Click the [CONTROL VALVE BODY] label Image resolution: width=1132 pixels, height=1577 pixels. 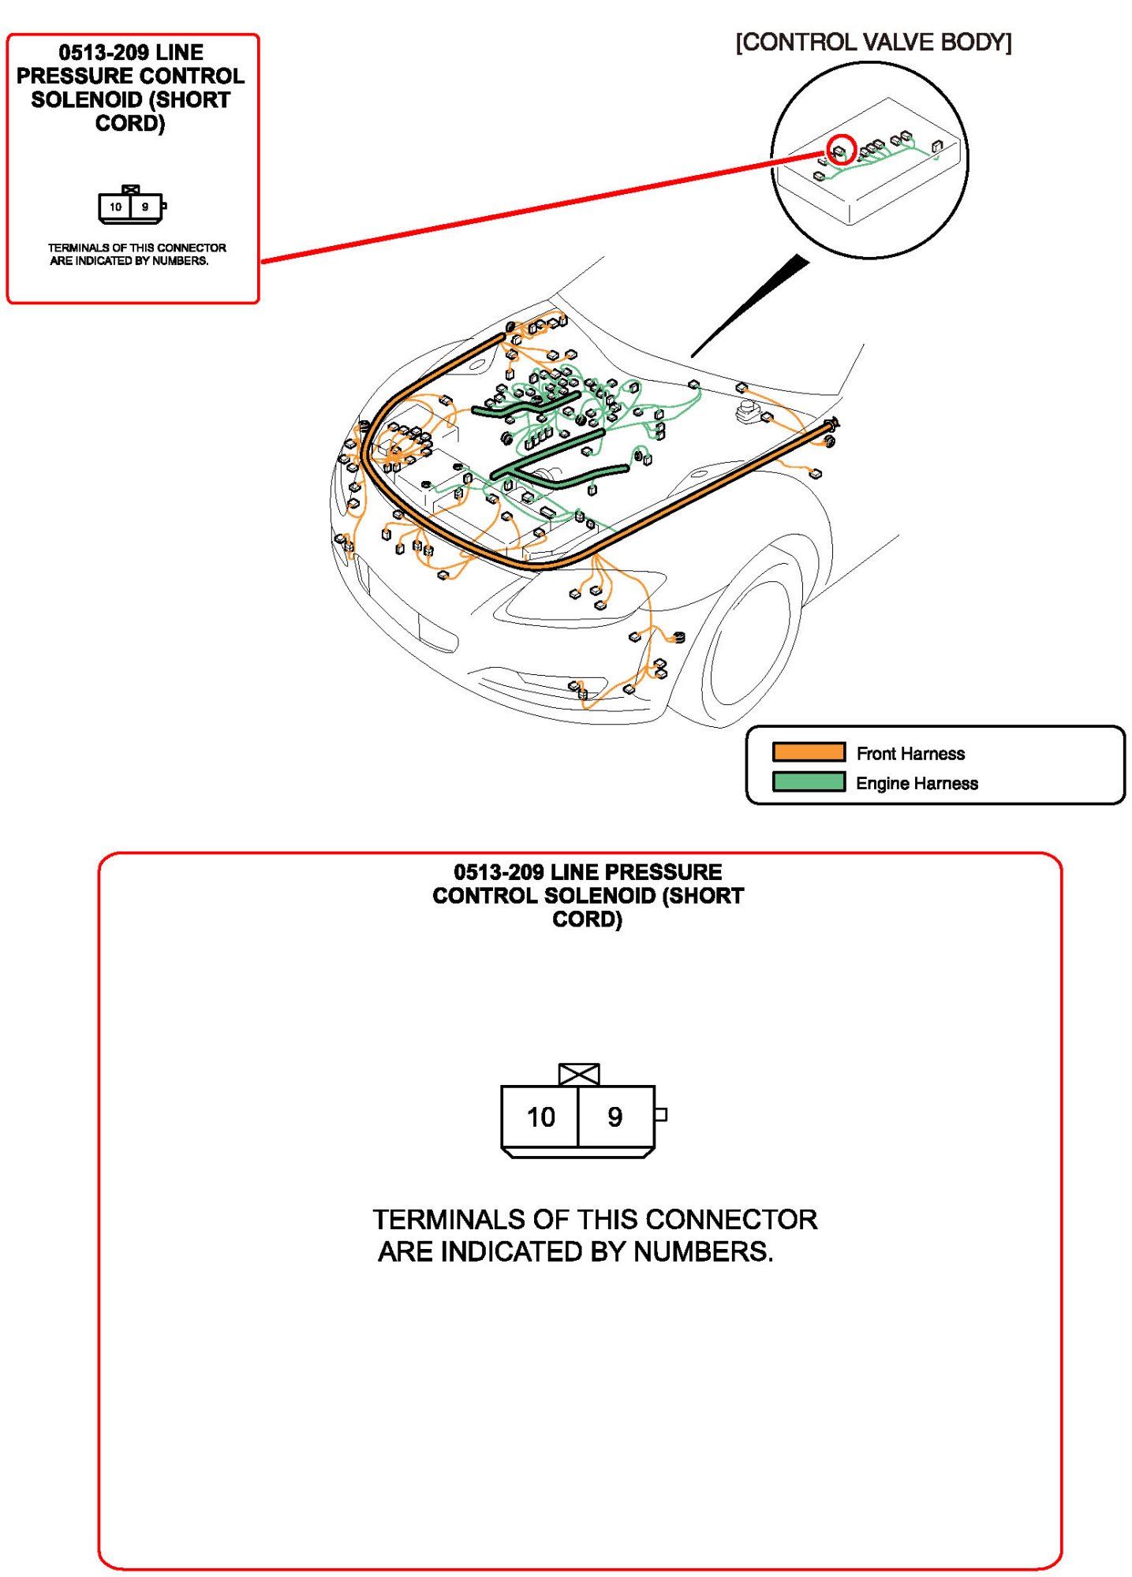pos(873,43)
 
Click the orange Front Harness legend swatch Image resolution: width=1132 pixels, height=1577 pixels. pos(808,751)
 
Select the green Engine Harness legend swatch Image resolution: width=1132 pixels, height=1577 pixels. pos(808,781)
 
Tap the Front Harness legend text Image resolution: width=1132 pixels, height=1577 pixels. pos(910,754)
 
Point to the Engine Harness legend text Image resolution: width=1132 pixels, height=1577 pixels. pos(917,783)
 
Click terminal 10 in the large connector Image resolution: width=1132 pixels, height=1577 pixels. pos(540,1117)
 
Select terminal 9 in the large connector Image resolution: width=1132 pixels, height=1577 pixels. pos(615,1117)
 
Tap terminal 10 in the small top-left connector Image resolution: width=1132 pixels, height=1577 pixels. pos(115,207)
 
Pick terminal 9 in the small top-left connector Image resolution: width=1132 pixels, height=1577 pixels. pos(145,207)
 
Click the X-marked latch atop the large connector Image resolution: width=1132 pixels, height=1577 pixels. pos(578,1074)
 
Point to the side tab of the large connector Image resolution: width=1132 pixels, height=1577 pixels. pos(661,1114)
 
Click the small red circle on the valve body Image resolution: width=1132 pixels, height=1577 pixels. pos(841,148)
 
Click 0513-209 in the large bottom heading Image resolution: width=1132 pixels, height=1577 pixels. pos(499,872)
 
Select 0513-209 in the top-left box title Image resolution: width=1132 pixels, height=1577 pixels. pos(103,53)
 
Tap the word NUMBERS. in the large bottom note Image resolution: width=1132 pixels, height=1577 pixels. pos(703,1251)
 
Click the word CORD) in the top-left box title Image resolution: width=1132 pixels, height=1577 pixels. pos(130,124)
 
